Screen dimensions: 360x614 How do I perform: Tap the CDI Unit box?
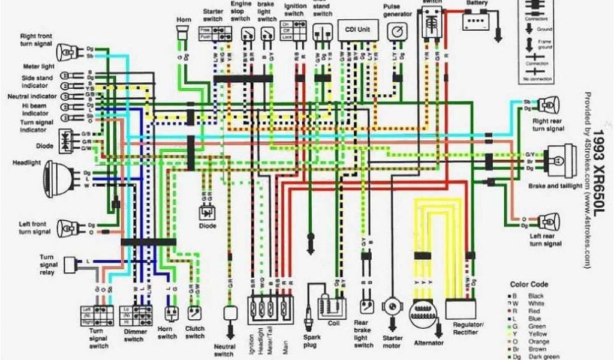[x=359, y=30]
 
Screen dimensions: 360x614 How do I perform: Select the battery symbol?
[x=478, y=22]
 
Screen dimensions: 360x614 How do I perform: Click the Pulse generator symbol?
[x=396, y=31]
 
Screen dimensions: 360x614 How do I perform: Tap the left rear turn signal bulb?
[x=547, y=222]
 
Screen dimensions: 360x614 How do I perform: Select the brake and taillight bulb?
[x=558, y=160]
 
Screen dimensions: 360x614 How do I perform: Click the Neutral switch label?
[x=224, y=350]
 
